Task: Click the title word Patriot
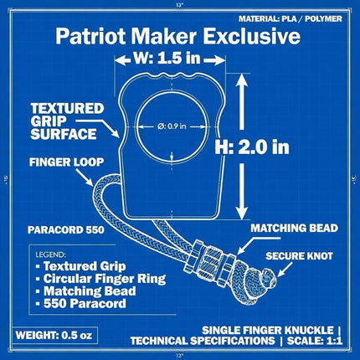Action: (90, 36)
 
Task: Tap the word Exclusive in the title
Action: (251, 36)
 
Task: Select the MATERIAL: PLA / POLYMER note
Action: (290, 18)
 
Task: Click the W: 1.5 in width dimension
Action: (170, 59)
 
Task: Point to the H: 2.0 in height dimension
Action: (252, 147)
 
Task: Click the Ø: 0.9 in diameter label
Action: (172, 126)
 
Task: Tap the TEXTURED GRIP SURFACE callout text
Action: (67, 121)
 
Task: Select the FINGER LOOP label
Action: (66, 162)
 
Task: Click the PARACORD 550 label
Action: (66, 229)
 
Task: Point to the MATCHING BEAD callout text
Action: (294, 228)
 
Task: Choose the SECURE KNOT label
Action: (299, 256)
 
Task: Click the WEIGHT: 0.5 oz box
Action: (56, 335)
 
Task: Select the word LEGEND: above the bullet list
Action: (51, 255)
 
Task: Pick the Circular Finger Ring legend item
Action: (101, 279)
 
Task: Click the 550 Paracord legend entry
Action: (81, 303)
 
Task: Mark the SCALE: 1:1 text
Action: (314, 341)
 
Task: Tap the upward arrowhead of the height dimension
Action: (242, 81)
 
